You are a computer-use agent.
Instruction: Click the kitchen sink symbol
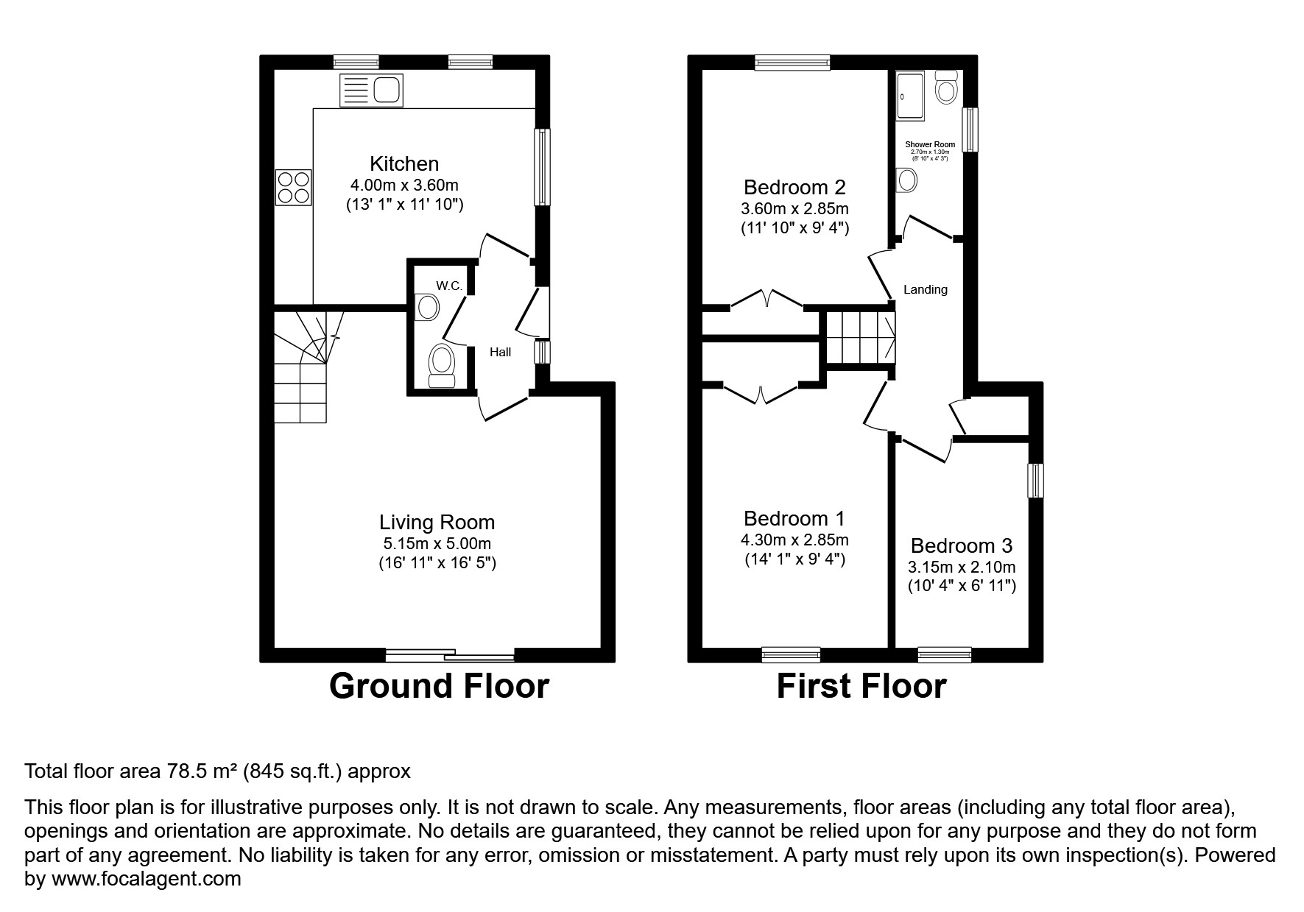tap(371, 91)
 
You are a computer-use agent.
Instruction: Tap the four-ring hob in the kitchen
tap(293, 187)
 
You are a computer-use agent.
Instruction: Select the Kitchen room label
tap(404, 163)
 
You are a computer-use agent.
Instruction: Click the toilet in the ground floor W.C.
tap(442, 365)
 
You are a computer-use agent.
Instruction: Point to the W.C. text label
tap(449, 286)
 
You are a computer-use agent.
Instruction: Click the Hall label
tap(500, 353)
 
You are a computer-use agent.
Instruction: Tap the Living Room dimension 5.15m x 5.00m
tap(437, 545)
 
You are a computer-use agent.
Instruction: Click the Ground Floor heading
tap(439, 686)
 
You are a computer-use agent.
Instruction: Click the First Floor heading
tap(861, 686)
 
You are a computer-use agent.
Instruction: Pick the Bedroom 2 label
tap(794, 187)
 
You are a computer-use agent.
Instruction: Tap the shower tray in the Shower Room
tap(910, 96)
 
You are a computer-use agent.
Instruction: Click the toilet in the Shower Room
tap(945, 88)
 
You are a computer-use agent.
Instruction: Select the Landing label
tap(925, 290)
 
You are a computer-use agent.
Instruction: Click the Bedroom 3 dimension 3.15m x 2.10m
tap(961, 568)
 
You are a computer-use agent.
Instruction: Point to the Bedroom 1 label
tap(794, 518)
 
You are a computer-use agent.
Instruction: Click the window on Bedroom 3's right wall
tap(1035, 480)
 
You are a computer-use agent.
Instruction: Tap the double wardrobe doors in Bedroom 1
tap(761, 392)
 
